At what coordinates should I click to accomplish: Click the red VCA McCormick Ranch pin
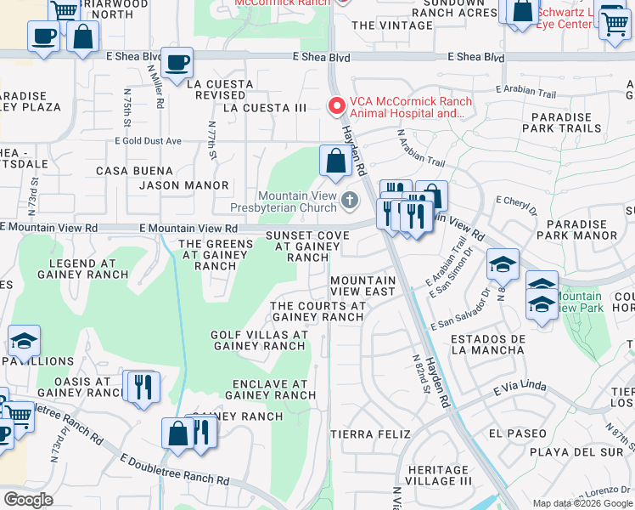[x=337, y=106]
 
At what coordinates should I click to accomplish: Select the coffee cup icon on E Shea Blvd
[x=177, y=63]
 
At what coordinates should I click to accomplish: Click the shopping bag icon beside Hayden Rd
[x=335, y=160]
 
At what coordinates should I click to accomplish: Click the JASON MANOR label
[x=184, y=185]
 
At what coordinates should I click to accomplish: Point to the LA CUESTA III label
[x=265, y=108]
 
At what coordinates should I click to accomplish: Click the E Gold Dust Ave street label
[x=149, y=140]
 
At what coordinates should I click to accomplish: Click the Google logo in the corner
[x=28, y=500]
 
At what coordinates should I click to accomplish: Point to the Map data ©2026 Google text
[x=582, y=503]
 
